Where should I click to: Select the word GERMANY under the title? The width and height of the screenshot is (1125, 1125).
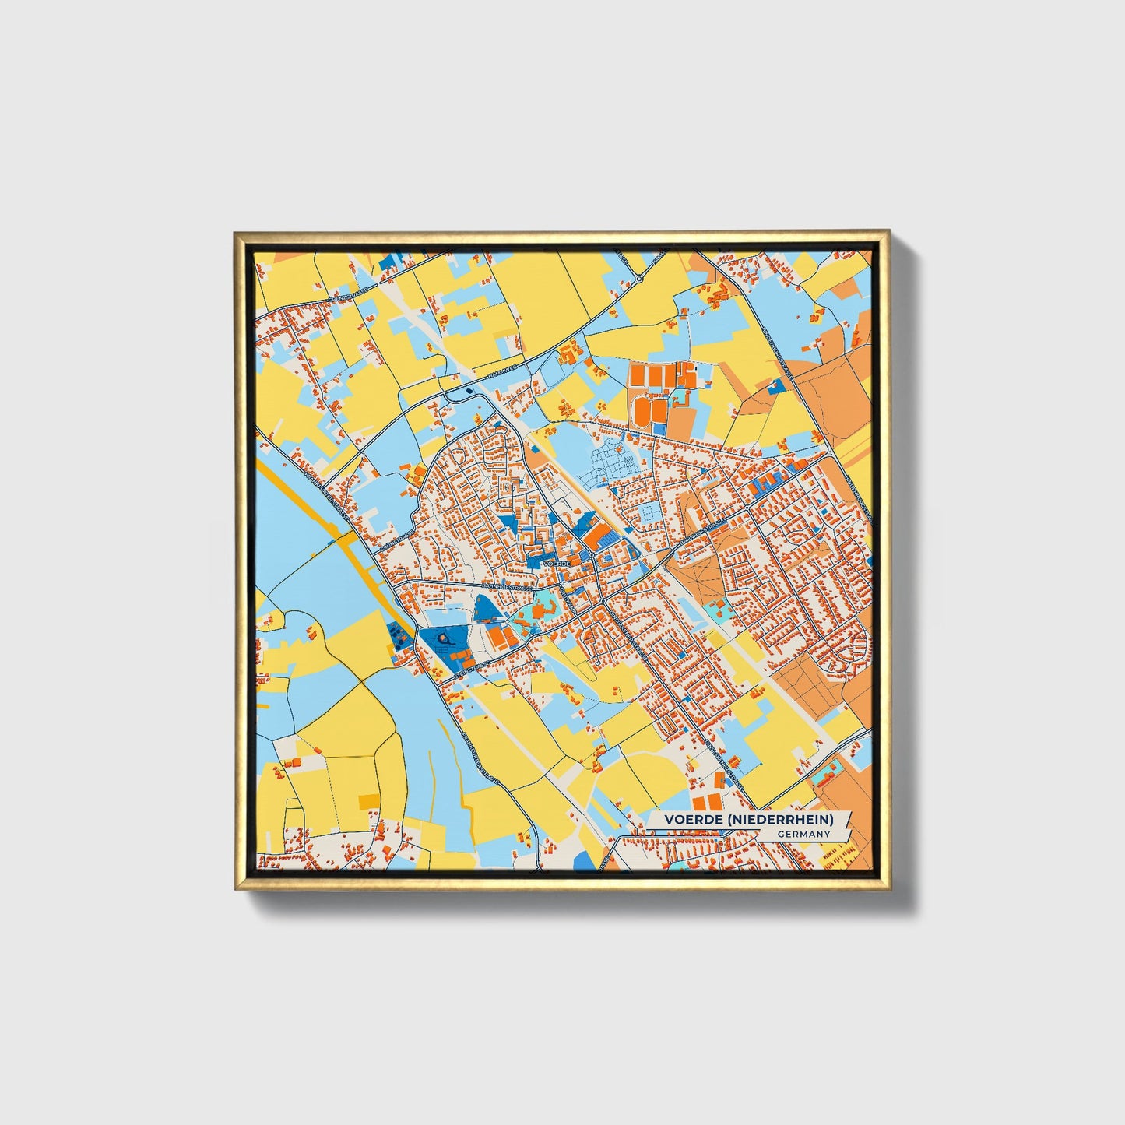coord(803,835)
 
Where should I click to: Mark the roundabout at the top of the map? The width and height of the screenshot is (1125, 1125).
coord(638,278)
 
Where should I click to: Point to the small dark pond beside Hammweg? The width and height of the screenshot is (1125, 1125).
coord(469,391)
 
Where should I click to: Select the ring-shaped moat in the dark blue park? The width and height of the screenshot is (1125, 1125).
coord(444,639)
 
